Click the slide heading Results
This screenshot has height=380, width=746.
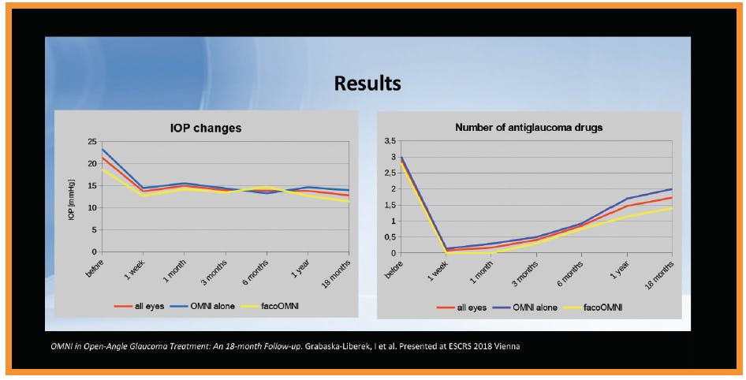pos(367,84)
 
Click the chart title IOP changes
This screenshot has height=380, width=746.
pos(205,128)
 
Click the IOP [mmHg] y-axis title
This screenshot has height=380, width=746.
pos(72,197)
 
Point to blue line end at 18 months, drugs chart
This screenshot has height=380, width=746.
pos(671,189)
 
